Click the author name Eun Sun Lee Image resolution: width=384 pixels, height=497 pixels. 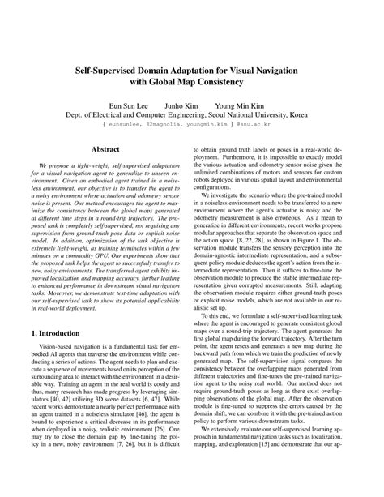130,105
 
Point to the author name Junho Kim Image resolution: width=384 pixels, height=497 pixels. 187,105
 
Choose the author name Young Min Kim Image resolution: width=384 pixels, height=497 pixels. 240,105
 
